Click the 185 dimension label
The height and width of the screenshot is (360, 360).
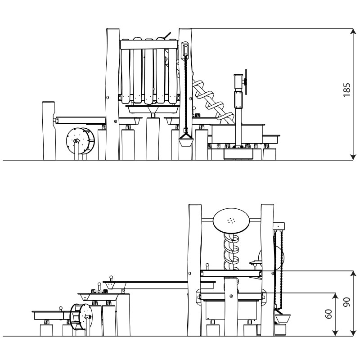347,90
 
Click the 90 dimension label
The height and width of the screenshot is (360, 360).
346,301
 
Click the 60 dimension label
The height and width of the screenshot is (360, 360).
329,314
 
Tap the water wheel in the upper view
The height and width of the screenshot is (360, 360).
80,141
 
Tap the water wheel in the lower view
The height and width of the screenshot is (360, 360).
81,317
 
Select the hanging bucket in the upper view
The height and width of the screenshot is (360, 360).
186,141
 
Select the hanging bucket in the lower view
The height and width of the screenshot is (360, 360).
283,319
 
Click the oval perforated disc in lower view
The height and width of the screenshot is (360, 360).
231,221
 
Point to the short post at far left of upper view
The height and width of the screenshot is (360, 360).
49,130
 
